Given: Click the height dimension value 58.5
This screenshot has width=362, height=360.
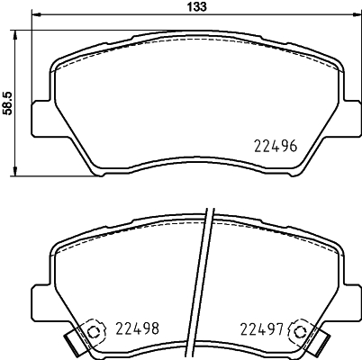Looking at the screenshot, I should pos(7,99).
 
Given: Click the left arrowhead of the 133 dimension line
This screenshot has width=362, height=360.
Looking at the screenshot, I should pos(34,16).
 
